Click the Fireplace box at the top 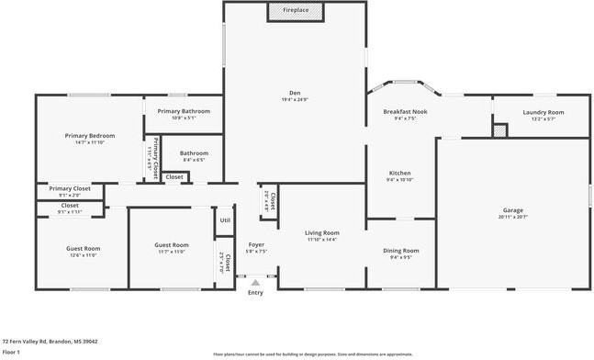tap(296, 10)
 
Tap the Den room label tap(295, 93)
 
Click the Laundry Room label tap(544, 112)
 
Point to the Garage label tap(512, 210)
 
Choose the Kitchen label tap(399, 173)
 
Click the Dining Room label tap(401, 250)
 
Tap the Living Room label tap(322, 232)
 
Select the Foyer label tap(256, 244)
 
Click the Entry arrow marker tap(255, 284)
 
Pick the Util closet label tap(225, 220)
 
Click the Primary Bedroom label tap(90, 135)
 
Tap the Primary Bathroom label tap(184, 111)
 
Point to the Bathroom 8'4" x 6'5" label tap(193, 153)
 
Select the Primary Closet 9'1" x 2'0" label tap(69, 188)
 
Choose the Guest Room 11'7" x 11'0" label tap(172, 245)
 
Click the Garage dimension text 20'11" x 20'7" tap(512, 217)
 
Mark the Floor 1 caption tap(11, 352)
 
